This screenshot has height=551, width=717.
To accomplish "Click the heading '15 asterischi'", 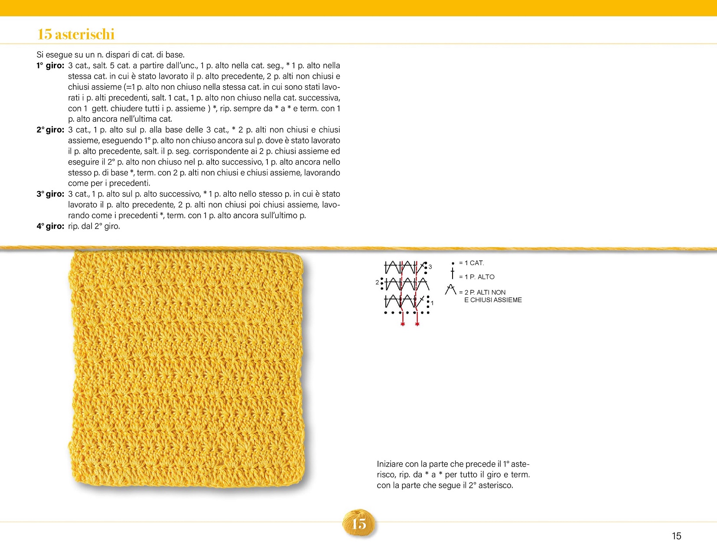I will point(76,34).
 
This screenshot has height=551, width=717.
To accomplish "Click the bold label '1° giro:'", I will point(50,66).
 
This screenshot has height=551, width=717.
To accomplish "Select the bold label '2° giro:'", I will point(50,130).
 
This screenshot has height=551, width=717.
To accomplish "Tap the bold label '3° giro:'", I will point(50,194).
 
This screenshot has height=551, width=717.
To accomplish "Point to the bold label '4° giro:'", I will point(50,226).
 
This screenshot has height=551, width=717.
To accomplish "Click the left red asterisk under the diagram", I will point(403,324).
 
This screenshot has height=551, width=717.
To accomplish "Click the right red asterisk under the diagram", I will point(417,324).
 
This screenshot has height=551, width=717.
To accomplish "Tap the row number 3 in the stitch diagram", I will point(430,267).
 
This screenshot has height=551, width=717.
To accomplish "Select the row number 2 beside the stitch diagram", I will point(377,282).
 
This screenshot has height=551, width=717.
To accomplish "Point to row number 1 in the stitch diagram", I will point(432,303).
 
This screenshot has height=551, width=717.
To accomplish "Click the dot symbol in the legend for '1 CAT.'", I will point(453,263).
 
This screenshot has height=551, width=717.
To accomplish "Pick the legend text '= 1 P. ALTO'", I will point(476,277).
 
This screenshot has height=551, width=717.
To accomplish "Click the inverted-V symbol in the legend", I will point(451,289).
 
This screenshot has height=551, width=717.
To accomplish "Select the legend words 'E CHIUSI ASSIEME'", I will point(493,300).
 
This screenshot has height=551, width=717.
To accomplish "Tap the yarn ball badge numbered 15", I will point(359,524).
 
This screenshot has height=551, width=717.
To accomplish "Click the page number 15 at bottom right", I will point(676,536).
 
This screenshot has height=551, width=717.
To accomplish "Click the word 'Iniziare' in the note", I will point(390,464).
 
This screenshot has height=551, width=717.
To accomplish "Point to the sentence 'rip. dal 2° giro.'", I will point(94,226).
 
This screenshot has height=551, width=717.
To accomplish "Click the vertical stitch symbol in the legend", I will point(453,274).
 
